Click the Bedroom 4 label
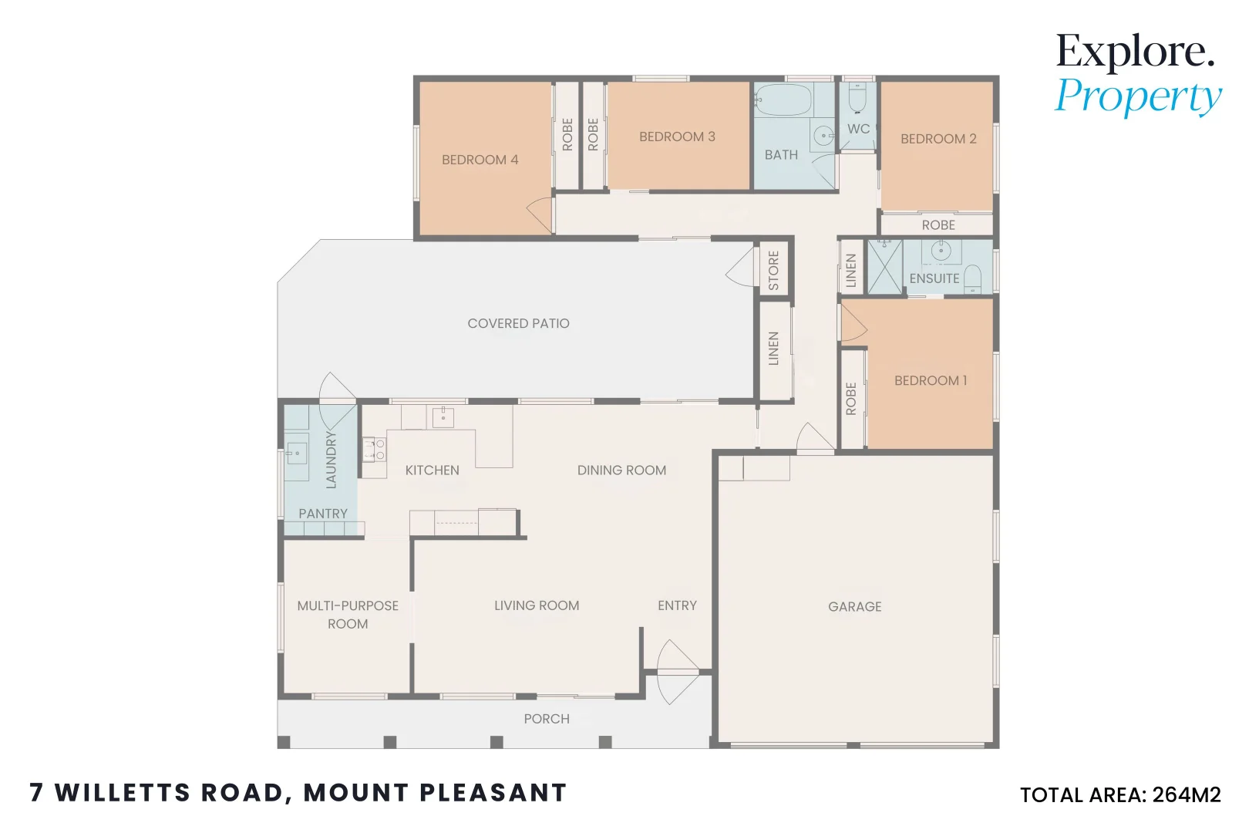point(480,160)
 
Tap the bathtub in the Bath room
point(783,100)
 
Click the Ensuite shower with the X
point(884,267)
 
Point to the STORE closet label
point(774,271)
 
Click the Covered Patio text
point(518,324)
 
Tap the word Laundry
point(332,460)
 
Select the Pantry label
point(323,514)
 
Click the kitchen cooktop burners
point(375,450)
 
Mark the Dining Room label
point(621,470)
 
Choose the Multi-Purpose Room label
point(348,615)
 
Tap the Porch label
point(547,719)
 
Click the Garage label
point(854,607)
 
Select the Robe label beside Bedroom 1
point(851,399)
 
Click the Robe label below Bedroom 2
point(938,225)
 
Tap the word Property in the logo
point(1138,97)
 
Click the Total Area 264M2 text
point(1119,795)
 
